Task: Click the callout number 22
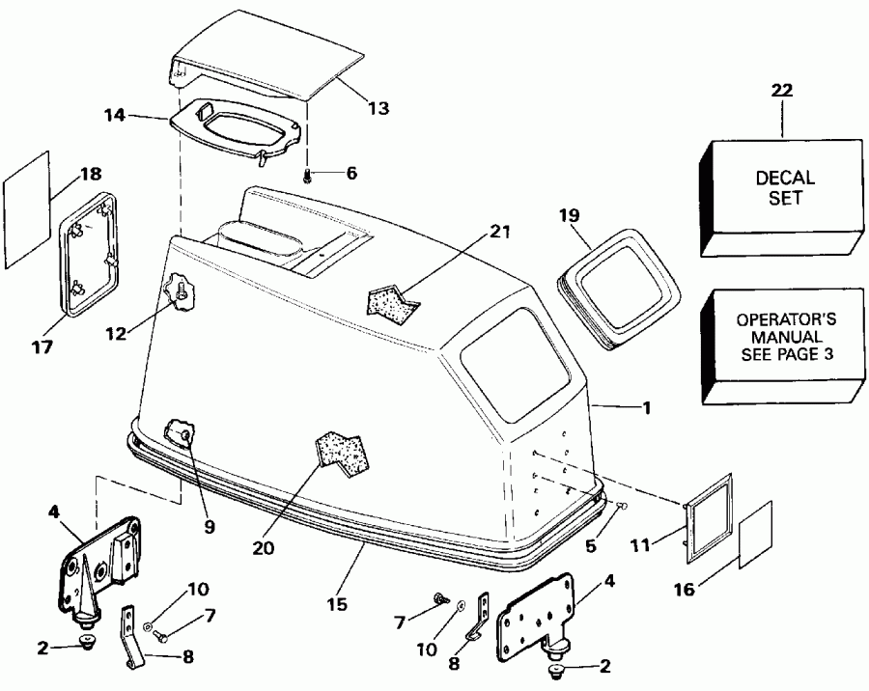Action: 782,92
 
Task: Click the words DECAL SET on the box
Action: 785,186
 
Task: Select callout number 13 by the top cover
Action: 378,109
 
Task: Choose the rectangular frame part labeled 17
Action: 94,255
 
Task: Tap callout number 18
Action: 90,175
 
